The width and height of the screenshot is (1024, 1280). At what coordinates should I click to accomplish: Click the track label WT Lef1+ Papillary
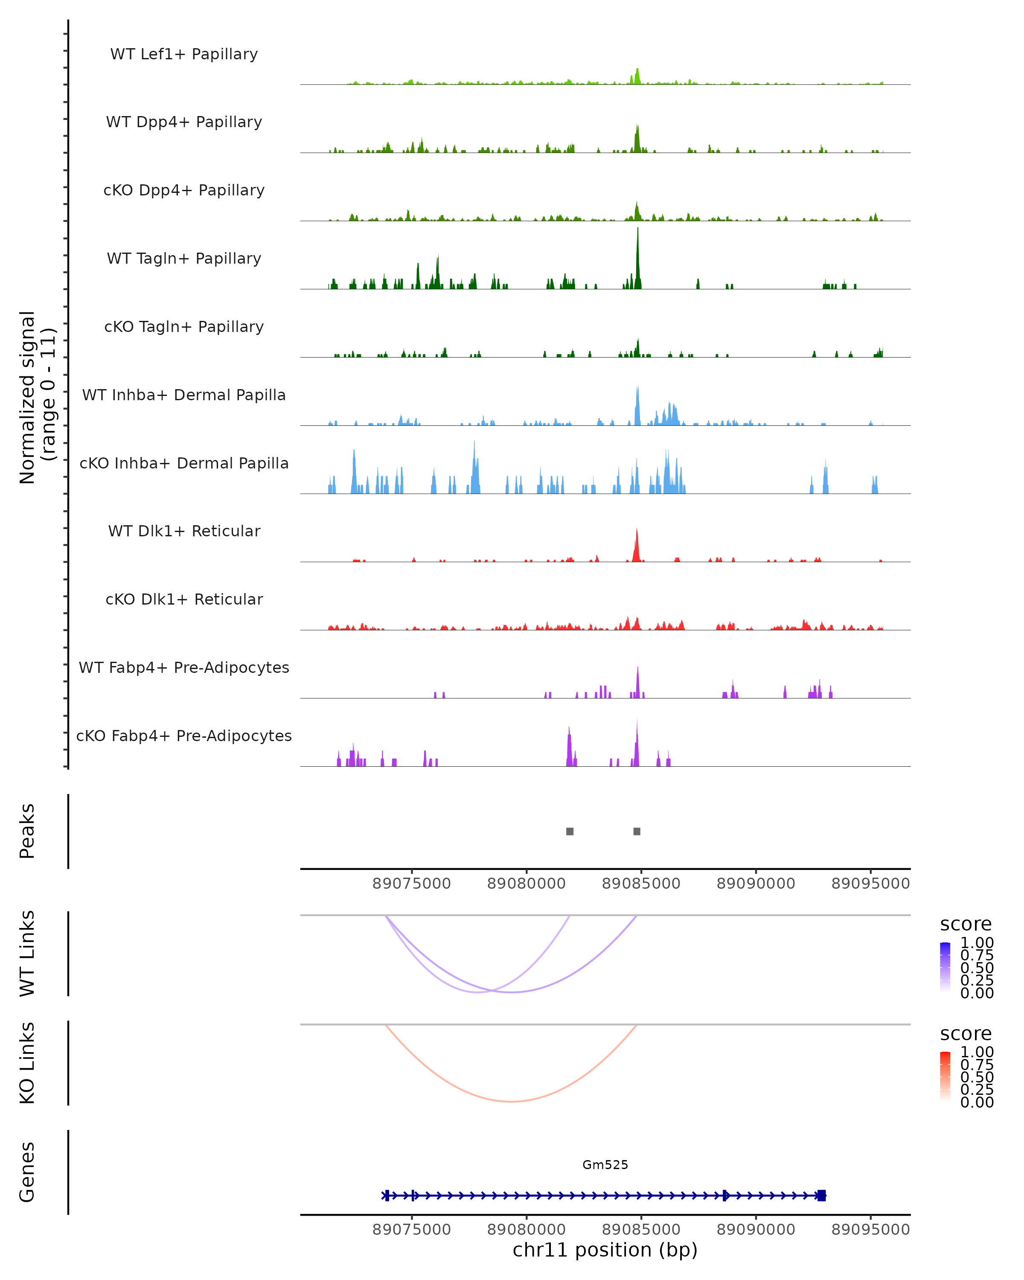tap(184, 54)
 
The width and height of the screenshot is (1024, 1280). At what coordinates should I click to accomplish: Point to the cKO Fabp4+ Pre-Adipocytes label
tap(184, 736)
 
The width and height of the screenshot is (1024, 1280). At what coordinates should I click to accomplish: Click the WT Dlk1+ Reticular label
tap(184, 531)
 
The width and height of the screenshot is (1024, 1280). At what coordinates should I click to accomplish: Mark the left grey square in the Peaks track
tap(570, 831)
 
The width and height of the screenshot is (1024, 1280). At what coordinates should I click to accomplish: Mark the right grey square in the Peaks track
tap(637, 831)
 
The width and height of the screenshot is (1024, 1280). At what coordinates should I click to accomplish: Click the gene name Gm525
tap(605, 1164)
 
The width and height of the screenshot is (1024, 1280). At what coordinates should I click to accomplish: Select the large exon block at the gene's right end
tap(822, 1195)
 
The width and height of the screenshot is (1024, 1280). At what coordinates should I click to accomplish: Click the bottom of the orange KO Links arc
tap(511, 1101)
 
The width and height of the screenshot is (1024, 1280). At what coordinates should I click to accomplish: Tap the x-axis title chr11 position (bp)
tap(605, 1250)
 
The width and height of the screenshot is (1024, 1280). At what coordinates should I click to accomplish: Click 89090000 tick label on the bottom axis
tap(756, 1229)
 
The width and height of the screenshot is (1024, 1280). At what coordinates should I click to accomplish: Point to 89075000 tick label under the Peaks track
tap(411, 884)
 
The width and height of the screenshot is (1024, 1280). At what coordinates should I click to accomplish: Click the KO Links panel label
tap(27, 1063)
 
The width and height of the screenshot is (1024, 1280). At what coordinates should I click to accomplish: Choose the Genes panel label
tap(27, 1172)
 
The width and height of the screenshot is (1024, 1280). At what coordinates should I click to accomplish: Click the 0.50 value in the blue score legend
tap(977, 967)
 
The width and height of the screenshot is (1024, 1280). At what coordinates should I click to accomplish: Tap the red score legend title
tap(966, 1034)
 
